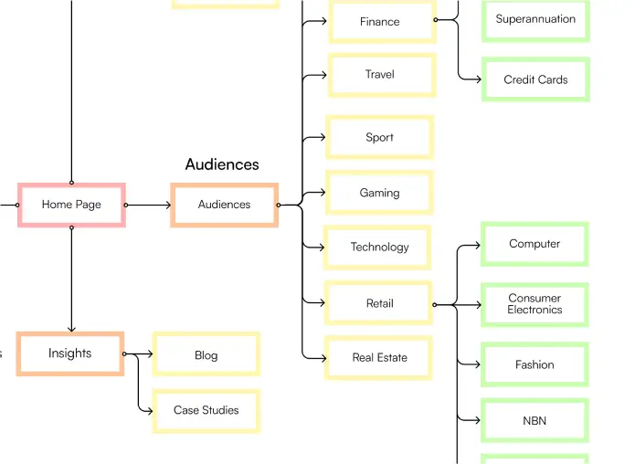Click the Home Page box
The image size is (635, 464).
pos(71,205)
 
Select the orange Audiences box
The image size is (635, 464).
pos(224,205)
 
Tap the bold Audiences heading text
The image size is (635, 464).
pos(222,164)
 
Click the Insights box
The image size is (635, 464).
pos(70,353)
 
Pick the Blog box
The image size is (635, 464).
pos(206,355)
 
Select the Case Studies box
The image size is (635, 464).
pos(206,410)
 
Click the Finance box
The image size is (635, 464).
pos(380,22)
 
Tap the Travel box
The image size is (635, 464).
pos(380,75)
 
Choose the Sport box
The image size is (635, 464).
pos(379,137)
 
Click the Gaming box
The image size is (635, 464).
pos(379,193)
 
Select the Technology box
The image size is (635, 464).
pos(379,247)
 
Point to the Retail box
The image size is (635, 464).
pos(379,303)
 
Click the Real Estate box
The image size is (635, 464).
pos(379,357)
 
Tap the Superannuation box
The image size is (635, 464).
pos(535,19)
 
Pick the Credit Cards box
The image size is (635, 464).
pos(535,79)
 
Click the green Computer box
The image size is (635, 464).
pos(534,244)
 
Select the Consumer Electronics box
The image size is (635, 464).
pos(534,304)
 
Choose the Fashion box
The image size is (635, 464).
pos(534,364)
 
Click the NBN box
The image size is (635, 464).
pos(534,421)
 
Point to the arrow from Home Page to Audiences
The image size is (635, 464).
pos(148,205)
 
